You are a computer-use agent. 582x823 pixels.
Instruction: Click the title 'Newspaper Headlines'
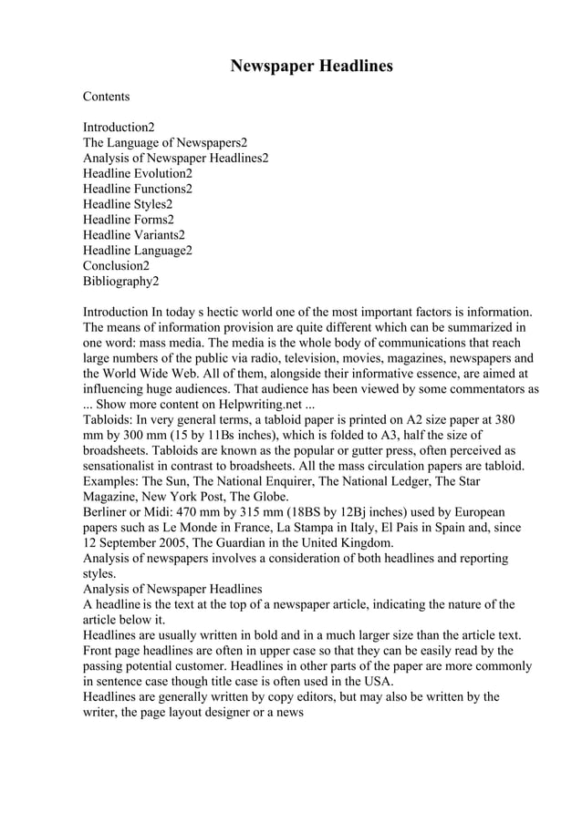(311, 67)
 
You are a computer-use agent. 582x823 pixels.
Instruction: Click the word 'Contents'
(107, 96)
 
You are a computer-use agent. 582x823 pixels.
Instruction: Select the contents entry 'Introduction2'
(119, 127)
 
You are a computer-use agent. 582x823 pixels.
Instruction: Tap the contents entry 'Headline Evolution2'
(138, 173)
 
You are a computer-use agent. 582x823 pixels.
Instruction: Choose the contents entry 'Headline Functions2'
(138, 189)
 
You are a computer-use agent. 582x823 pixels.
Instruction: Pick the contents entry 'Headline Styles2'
(128, 204)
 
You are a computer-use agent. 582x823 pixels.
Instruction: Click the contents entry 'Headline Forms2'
(129, 220)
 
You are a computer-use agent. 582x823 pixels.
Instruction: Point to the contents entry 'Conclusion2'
(116, 266)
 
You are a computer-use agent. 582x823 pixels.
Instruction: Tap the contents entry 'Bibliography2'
(121, 282)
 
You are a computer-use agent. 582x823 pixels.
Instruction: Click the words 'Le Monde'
(211, 529)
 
